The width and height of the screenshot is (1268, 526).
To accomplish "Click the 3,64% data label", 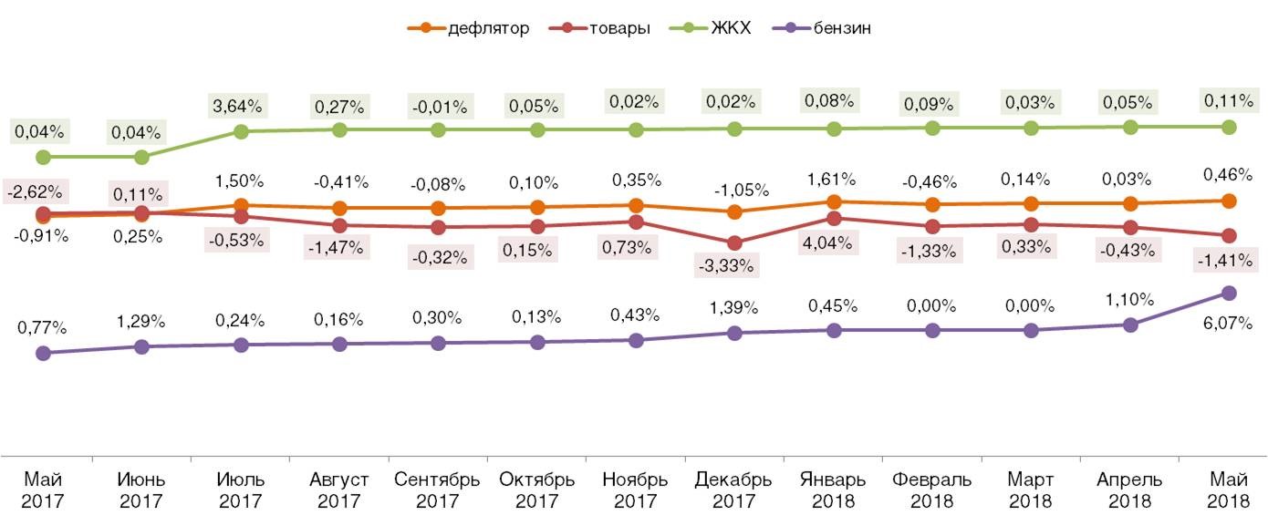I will point(241,107).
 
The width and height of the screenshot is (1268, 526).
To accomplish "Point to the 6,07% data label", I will point(1227,323).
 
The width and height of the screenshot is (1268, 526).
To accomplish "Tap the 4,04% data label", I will point(832,243).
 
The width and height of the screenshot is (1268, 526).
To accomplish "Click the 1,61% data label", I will point(832,179).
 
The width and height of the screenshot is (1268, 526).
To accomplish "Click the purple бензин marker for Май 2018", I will point(1228,293).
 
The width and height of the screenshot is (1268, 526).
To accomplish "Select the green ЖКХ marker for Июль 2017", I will point(241,131).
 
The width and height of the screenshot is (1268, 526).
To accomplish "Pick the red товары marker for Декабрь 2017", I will point(734,242).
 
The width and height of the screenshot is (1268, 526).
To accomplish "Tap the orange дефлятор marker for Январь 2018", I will point(833,201).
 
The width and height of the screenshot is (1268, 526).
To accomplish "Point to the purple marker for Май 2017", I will point(43,353).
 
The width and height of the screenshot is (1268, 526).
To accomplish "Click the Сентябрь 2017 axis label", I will point(437,490).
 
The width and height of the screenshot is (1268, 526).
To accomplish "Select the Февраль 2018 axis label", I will point(931,490).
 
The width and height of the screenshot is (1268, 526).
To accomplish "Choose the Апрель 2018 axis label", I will point(1129,490).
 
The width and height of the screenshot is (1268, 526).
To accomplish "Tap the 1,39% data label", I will point(734,308).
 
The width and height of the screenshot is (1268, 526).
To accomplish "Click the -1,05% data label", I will point(734,191).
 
